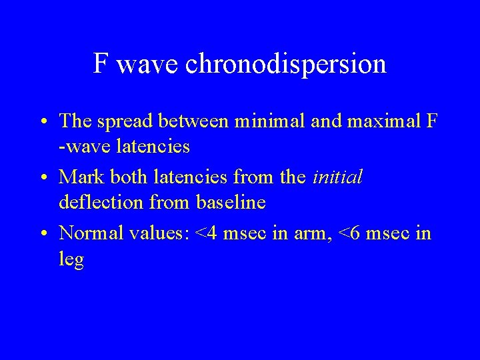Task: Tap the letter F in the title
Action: pos(101,64)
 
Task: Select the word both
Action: pos(130,178)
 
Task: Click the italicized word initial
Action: pos(337,178)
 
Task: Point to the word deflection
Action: pos(100,202)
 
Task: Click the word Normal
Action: pos(89,234)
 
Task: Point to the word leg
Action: pos(71,259)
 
